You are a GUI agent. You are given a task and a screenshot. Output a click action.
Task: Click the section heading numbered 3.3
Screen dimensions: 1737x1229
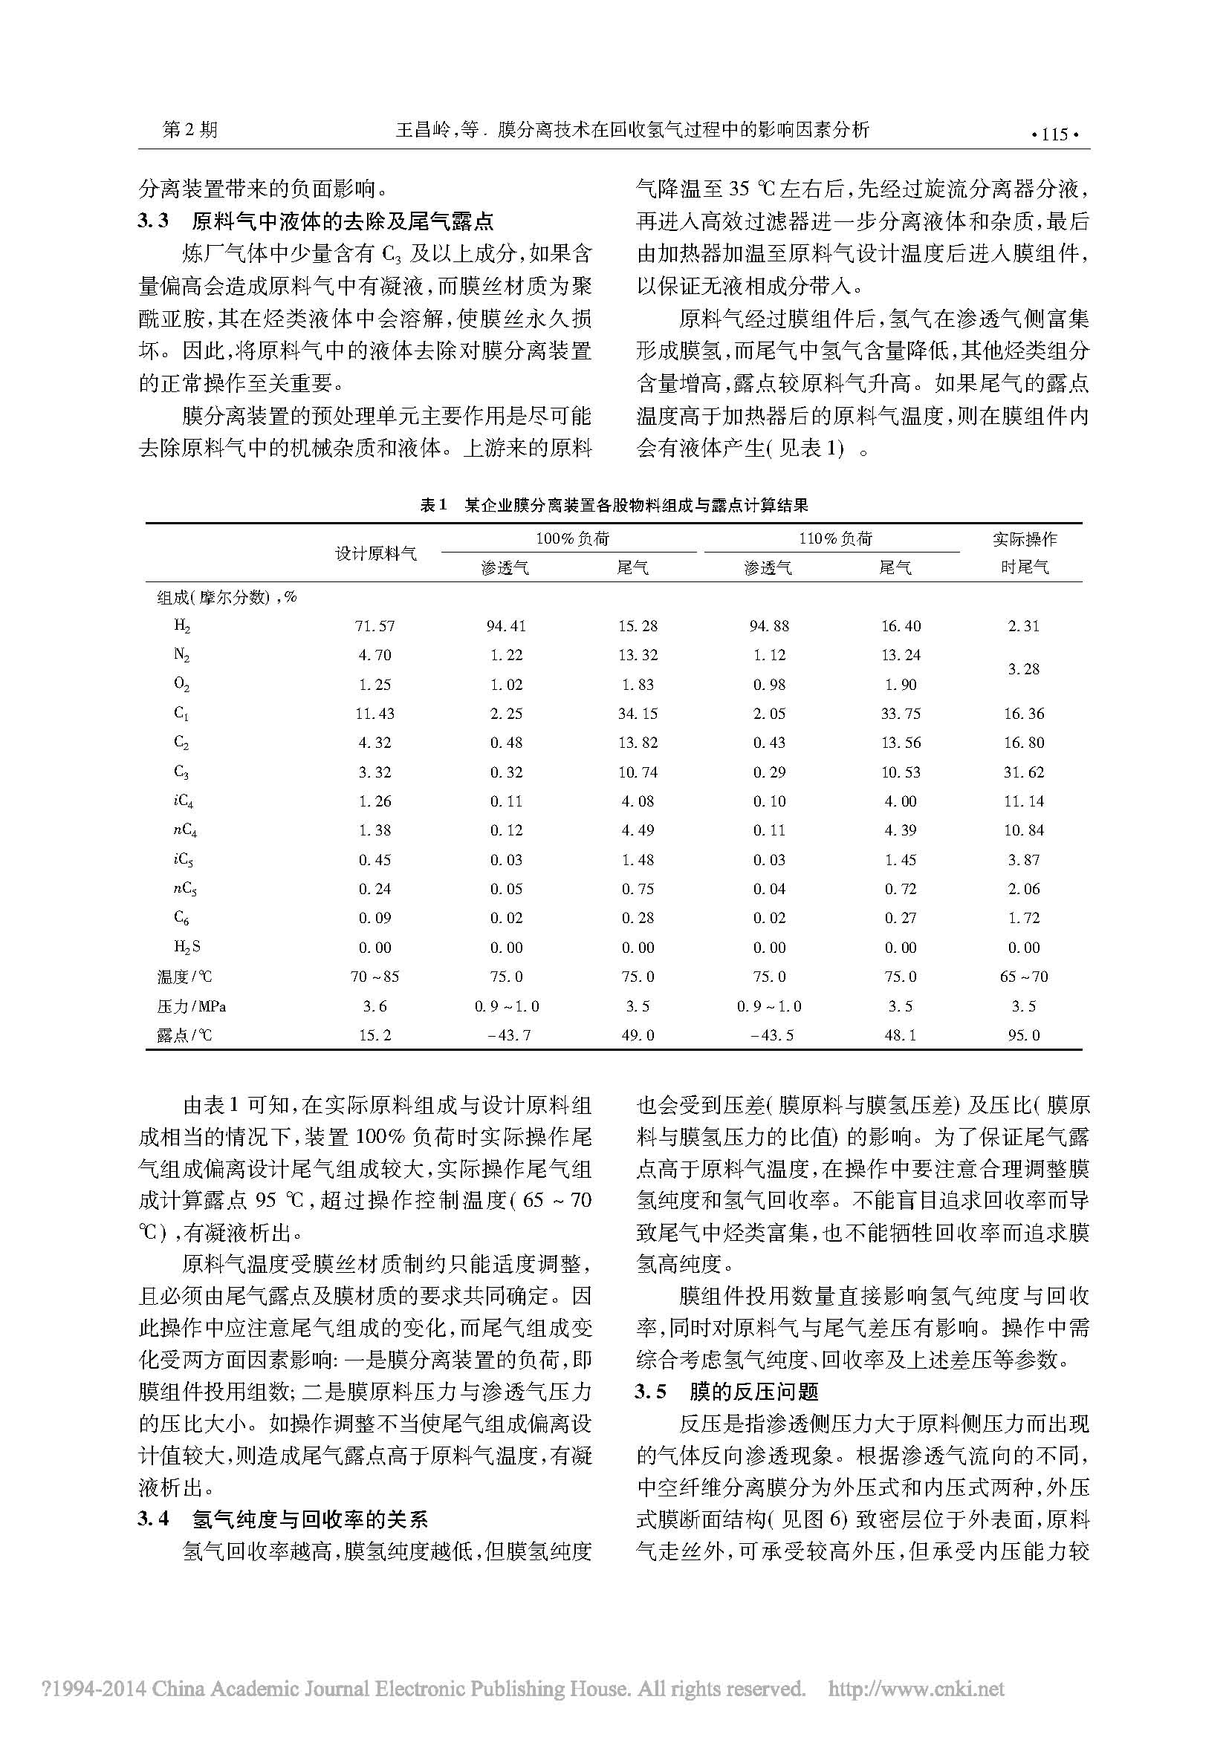(x=316, y=221)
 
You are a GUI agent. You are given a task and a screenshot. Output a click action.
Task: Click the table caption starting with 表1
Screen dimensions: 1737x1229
(x=614, y=504)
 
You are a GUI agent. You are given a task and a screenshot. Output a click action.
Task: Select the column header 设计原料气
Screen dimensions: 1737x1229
(x=376, y=553)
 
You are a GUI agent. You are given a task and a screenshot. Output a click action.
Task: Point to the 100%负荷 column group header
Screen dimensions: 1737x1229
(x=572, y=538)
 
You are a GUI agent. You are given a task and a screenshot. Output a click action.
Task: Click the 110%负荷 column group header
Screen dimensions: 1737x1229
(x=835, y=538)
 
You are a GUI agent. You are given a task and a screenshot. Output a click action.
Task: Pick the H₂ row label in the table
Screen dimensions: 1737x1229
(x=182, y=625)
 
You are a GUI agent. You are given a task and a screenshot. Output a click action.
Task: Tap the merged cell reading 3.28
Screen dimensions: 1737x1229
(x=1023, y=670)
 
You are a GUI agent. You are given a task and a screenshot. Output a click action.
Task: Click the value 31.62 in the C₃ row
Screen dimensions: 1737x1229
(x=1023, y=772)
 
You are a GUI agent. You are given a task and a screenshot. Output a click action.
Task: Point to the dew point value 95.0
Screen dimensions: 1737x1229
(x=1023, y=1035)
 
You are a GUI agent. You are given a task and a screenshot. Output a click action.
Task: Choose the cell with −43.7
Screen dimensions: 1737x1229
(x=506, y=1035)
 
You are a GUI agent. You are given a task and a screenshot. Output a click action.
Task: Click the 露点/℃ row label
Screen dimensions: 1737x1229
(x=185, y=1035)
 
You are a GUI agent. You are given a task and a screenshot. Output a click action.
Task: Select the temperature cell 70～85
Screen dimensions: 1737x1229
(x=374, y=977)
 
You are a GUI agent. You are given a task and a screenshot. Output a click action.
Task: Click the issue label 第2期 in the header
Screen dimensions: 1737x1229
(x=190, y=130)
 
